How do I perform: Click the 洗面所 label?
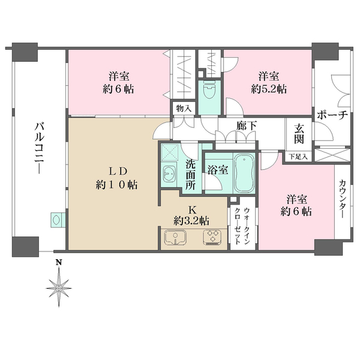pos(190,174)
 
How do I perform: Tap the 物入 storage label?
pos(183,109)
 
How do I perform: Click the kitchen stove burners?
pos(212,239)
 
